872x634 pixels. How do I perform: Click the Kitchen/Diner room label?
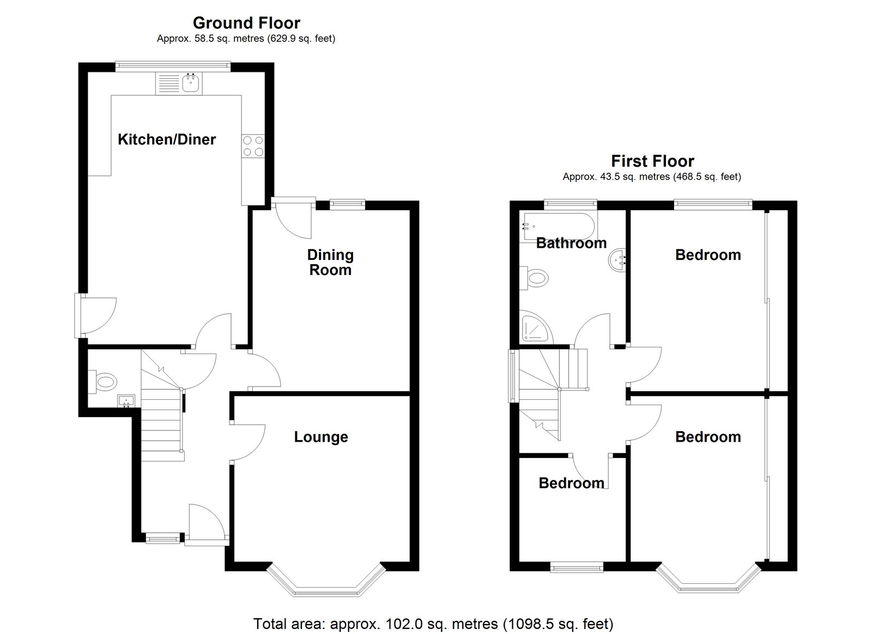point(167,139)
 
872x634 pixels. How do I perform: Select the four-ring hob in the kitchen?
point(253,146)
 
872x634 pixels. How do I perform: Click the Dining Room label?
point(330,262)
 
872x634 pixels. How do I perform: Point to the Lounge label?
point(321,437)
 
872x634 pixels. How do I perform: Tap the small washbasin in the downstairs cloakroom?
point(126,400)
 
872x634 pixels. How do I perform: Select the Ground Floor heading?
point(246,23)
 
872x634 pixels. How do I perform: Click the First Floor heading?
point(652,161)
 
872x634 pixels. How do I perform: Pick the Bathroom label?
point(571,243)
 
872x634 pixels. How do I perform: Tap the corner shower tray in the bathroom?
point(536,327)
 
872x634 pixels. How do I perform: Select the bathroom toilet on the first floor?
point(534,278)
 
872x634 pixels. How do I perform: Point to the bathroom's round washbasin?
point(617,260)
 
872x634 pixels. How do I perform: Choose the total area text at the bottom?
point(433,624)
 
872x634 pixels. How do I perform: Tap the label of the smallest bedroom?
point(572,483)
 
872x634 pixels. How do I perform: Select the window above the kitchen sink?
point(173,66)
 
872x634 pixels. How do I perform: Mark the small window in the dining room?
point(347,204)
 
